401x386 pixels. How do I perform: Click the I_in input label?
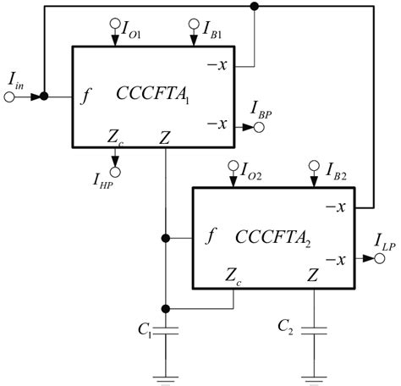(x=17, y=80)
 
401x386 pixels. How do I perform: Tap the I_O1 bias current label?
(x=134, y=33)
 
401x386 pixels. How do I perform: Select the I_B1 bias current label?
(x=211, y=33)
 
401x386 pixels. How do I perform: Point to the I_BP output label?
(x=263, y=108)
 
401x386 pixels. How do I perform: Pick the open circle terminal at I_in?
(x=10, y=96)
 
